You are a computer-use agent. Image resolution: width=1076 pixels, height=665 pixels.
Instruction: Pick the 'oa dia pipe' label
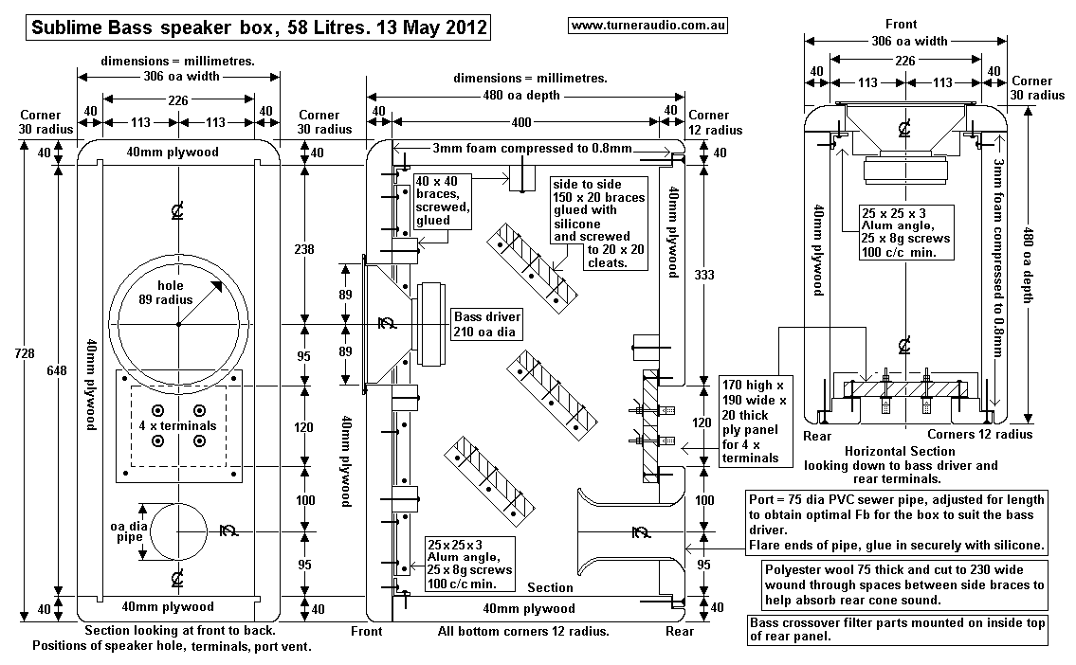coord(129,537)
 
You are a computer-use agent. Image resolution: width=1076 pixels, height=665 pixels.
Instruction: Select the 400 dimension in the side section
coord(521,122)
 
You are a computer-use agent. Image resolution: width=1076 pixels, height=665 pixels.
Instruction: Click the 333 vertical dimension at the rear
coord(702,275)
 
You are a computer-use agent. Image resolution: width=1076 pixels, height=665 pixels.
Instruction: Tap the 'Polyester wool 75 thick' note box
coord(904,585)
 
